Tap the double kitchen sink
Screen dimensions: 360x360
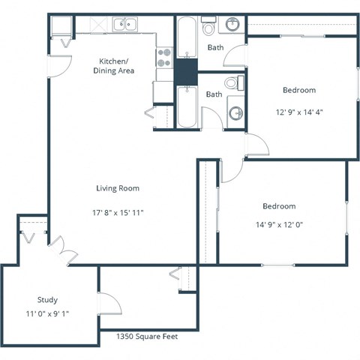125,25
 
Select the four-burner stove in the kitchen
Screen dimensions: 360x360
163,58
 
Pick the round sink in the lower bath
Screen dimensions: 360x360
236,113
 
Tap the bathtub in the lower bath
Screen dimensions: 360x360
186,107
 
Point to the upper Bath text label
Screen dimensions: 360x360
215,48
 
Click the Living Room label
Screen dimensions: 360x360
118,188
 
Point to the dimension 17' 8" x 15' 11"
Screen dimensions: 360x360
118,212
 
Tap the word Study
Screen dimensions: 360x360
47,299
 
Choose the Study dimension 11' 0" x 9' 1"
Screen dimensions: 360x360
47,313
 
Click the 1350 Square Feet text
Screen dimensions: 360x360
147,337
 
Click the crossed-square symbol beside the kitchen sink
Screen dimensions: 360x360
97,25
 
